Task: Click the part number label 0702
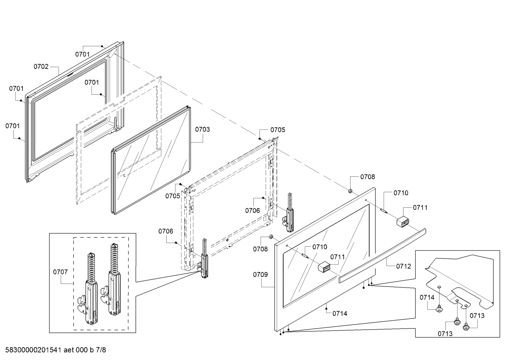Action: [x=41, y=66]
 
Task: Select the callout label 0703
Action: [x=202, y=129]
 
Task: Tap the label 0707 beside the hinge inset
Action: [x=60, y=272]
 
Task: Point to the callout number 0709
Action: [x=260, y=275]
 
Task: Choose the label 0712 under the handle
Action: [x=403, y=266]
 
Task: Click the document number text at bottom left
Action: [x=56, y=350]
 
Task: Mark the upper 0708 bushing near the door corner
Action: [x=351, y=191]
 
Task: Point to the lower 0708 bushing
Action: [x=271, y=237]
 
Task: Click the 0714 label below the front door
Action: [x=340, y=313]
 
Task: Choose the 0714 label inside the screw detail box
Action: [x=427, y=297]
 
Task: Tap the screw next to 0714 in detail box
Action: [x=439, y=309]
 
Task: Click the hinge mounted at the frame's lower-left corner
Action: [x=204, y=260]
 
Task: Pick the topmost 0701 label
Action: [x=83, y=54]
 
